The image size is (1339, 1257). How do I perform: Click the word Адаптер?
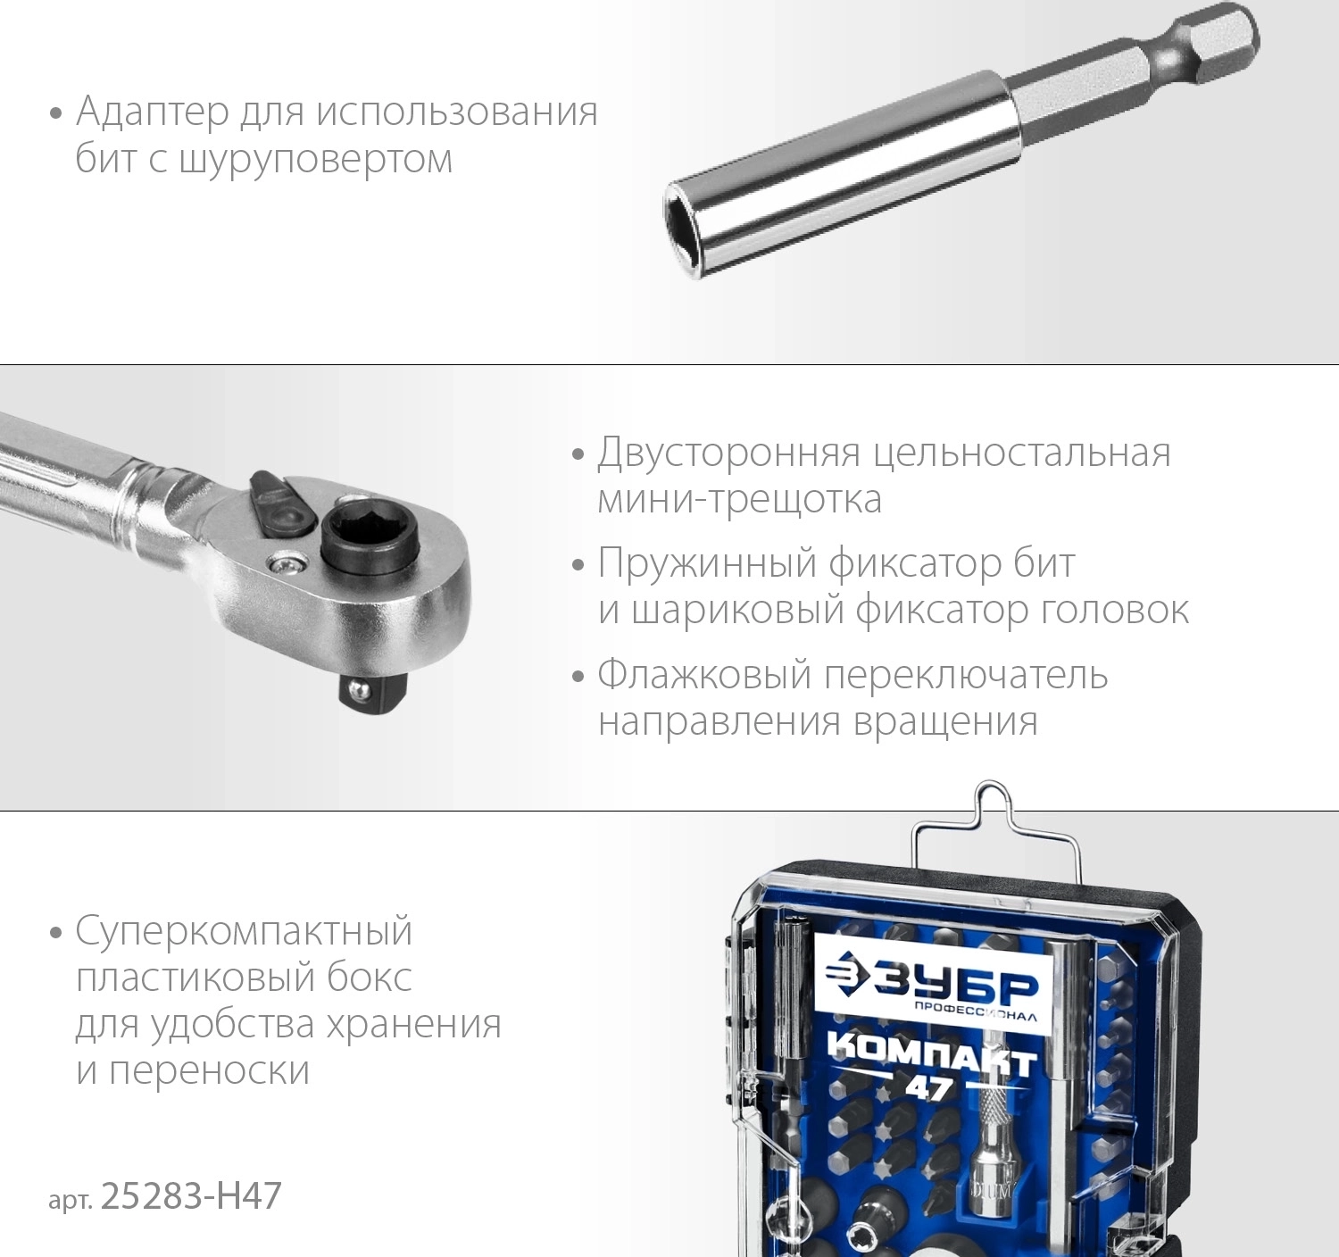[153, 112]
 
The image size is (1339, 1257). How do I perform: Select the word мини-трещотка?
[740, 500]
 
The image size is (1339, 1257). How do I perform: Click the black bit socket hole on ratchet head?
[353, 533]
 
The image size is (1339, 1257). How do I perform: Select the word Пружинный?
[708, 563]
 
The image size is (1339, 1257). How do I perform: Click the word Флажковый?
[704, 676]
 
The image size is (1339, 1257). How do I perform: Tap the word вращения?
[946, 723]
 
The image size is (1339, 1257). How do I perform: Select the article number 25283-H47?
[191, 1196]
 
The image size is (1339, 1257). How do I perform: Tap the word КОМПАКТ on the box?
[932, 1061]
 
